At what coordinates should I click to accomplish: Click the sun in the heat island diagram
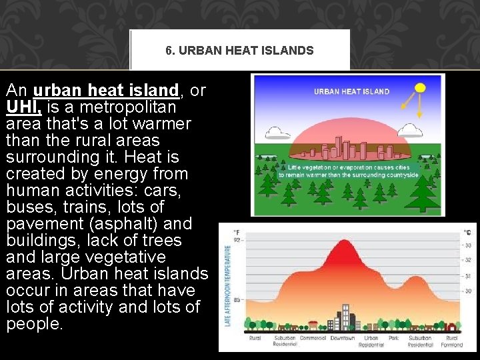(420, 87)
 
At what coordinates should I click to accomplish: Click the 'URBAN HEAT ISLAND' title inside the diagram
(351, 92)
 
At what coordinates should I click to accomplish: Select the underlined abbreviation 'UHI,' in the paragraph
(25, 107)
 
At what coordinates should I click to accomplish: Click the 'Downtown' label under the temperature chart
(343, 339)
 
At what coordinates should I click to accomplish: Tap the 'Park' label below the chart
(395, 339)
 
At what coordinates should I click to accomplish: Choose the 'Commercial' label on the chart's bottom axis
(313, 339)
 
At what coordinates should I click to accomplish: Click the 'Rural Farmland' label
(453, 341)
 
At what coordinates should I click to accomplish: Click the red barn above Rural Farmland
(452, 326)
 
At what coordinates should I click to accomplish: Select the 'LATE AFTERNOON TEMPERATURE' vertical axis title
(227, 285)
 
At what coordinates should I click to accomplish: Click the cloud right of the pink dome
(410, 130)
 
